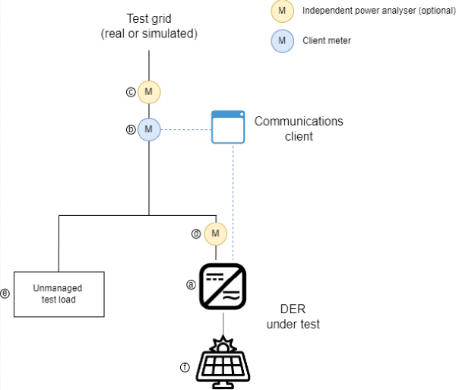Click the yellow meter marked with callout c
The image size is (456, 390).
(149, 93)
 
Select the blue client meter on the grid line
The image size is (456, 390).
(149, 129)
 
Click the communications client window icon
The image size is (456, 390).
(228, 127)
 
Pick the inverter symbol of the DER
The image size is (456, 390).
(222, 286)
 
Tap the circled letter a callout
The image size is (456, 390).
(191, 284)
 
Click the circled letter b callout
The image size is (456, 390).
(130, 129)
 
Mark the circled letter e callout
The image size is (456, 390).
(5, 293)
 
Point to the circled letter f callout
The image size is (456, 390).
(184, 367)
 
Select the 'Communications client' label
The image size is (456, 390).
(299, 128)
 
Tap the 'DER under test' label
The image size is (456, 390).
(299, 317)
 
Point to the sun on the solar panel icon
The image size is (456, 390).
(223, 344)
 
